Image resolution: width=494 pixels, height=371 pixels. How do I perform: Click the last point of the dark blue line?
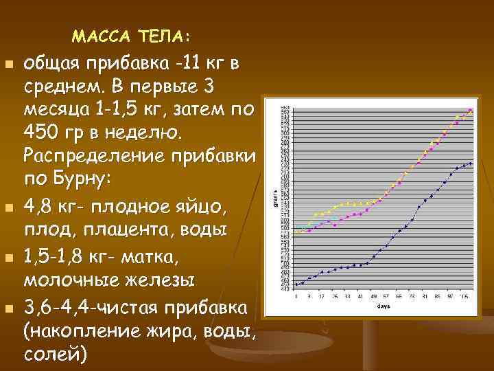click(x=471, y=164)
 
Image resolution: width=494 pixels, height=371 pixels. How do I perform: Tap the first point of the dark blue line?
click(x=296, y=284)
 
